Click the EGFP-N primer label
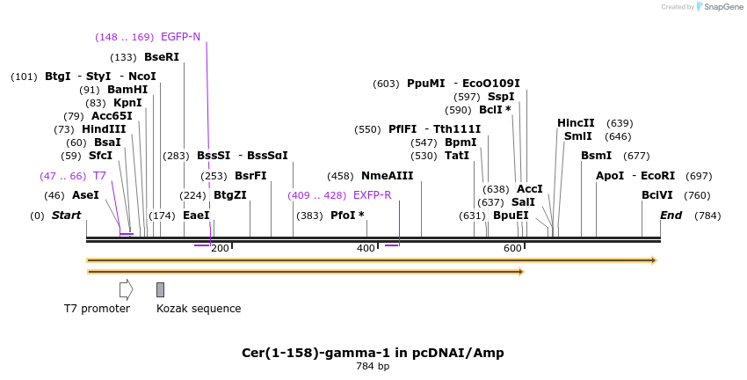[x=180, y=37]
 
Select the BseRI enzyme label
[x=161, y=57]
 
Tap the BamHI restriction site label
[x=127, y=90]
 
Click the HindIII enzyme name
[x=104, y=129]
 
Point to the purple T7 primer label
[x=99, y=176]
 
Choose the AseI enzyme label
[x=84, y=195]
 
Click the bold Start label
[x=66, y=216]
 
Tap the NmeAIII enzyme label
[x=387, y=176]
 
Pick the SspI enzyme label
[x=501, y=97]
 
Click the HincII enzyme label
[x=576, y=123]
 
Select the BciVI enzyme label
[x=656, y=195]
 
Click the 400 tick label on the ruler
[x=366, y=248]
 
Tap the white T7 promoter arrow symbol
[x=126, y=289]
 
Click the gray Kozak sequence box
[x=160, y=289]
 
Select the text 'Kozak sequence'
[x=199, y=309]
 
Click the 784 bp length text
[x=373, y=366]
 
